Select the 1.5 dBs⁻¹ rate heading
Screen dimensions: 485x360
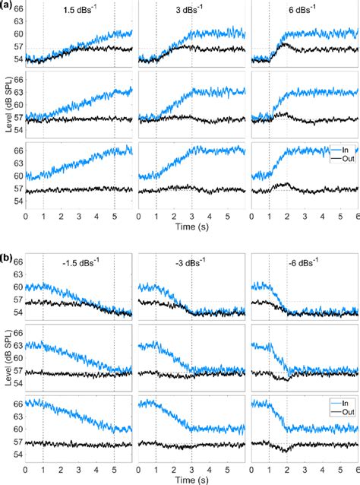click(78, 13)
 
